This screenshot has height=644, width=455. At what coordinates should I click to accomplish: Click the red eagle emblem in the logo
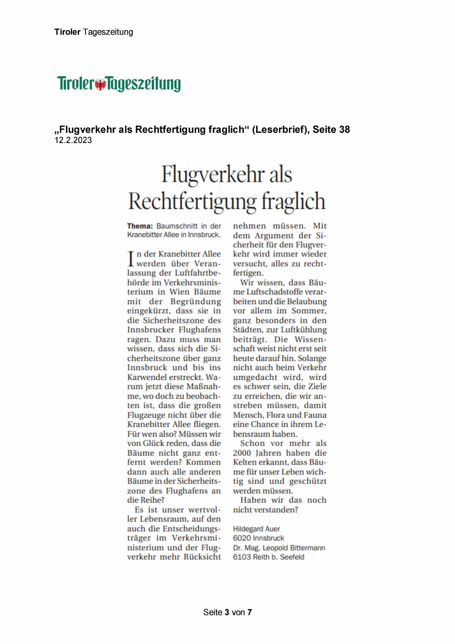[x=100, y=84]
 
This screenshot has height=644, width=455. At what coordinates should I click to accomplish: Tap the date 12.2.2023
[x=73, y=140]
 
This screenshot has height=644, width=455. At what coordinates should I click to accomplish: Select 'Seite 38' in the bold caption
[x=331, y=130]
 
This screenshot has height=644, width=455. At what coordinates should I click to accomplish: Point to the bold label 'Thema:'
[x=140, y=226]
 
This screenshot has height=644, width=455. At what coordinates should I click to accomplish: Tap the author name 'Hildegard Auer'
[x=257, y=529]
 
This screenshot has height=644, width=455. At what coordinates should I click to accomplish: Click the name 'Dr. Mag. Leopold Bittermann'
[x=279, y=548]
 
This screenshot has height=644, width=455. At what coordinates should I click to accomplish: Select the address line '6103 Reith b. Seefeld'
[x=269, y=557]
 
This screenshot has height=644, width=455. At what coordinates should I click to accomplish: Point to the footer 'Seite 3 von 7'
[x=227, y=612]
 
